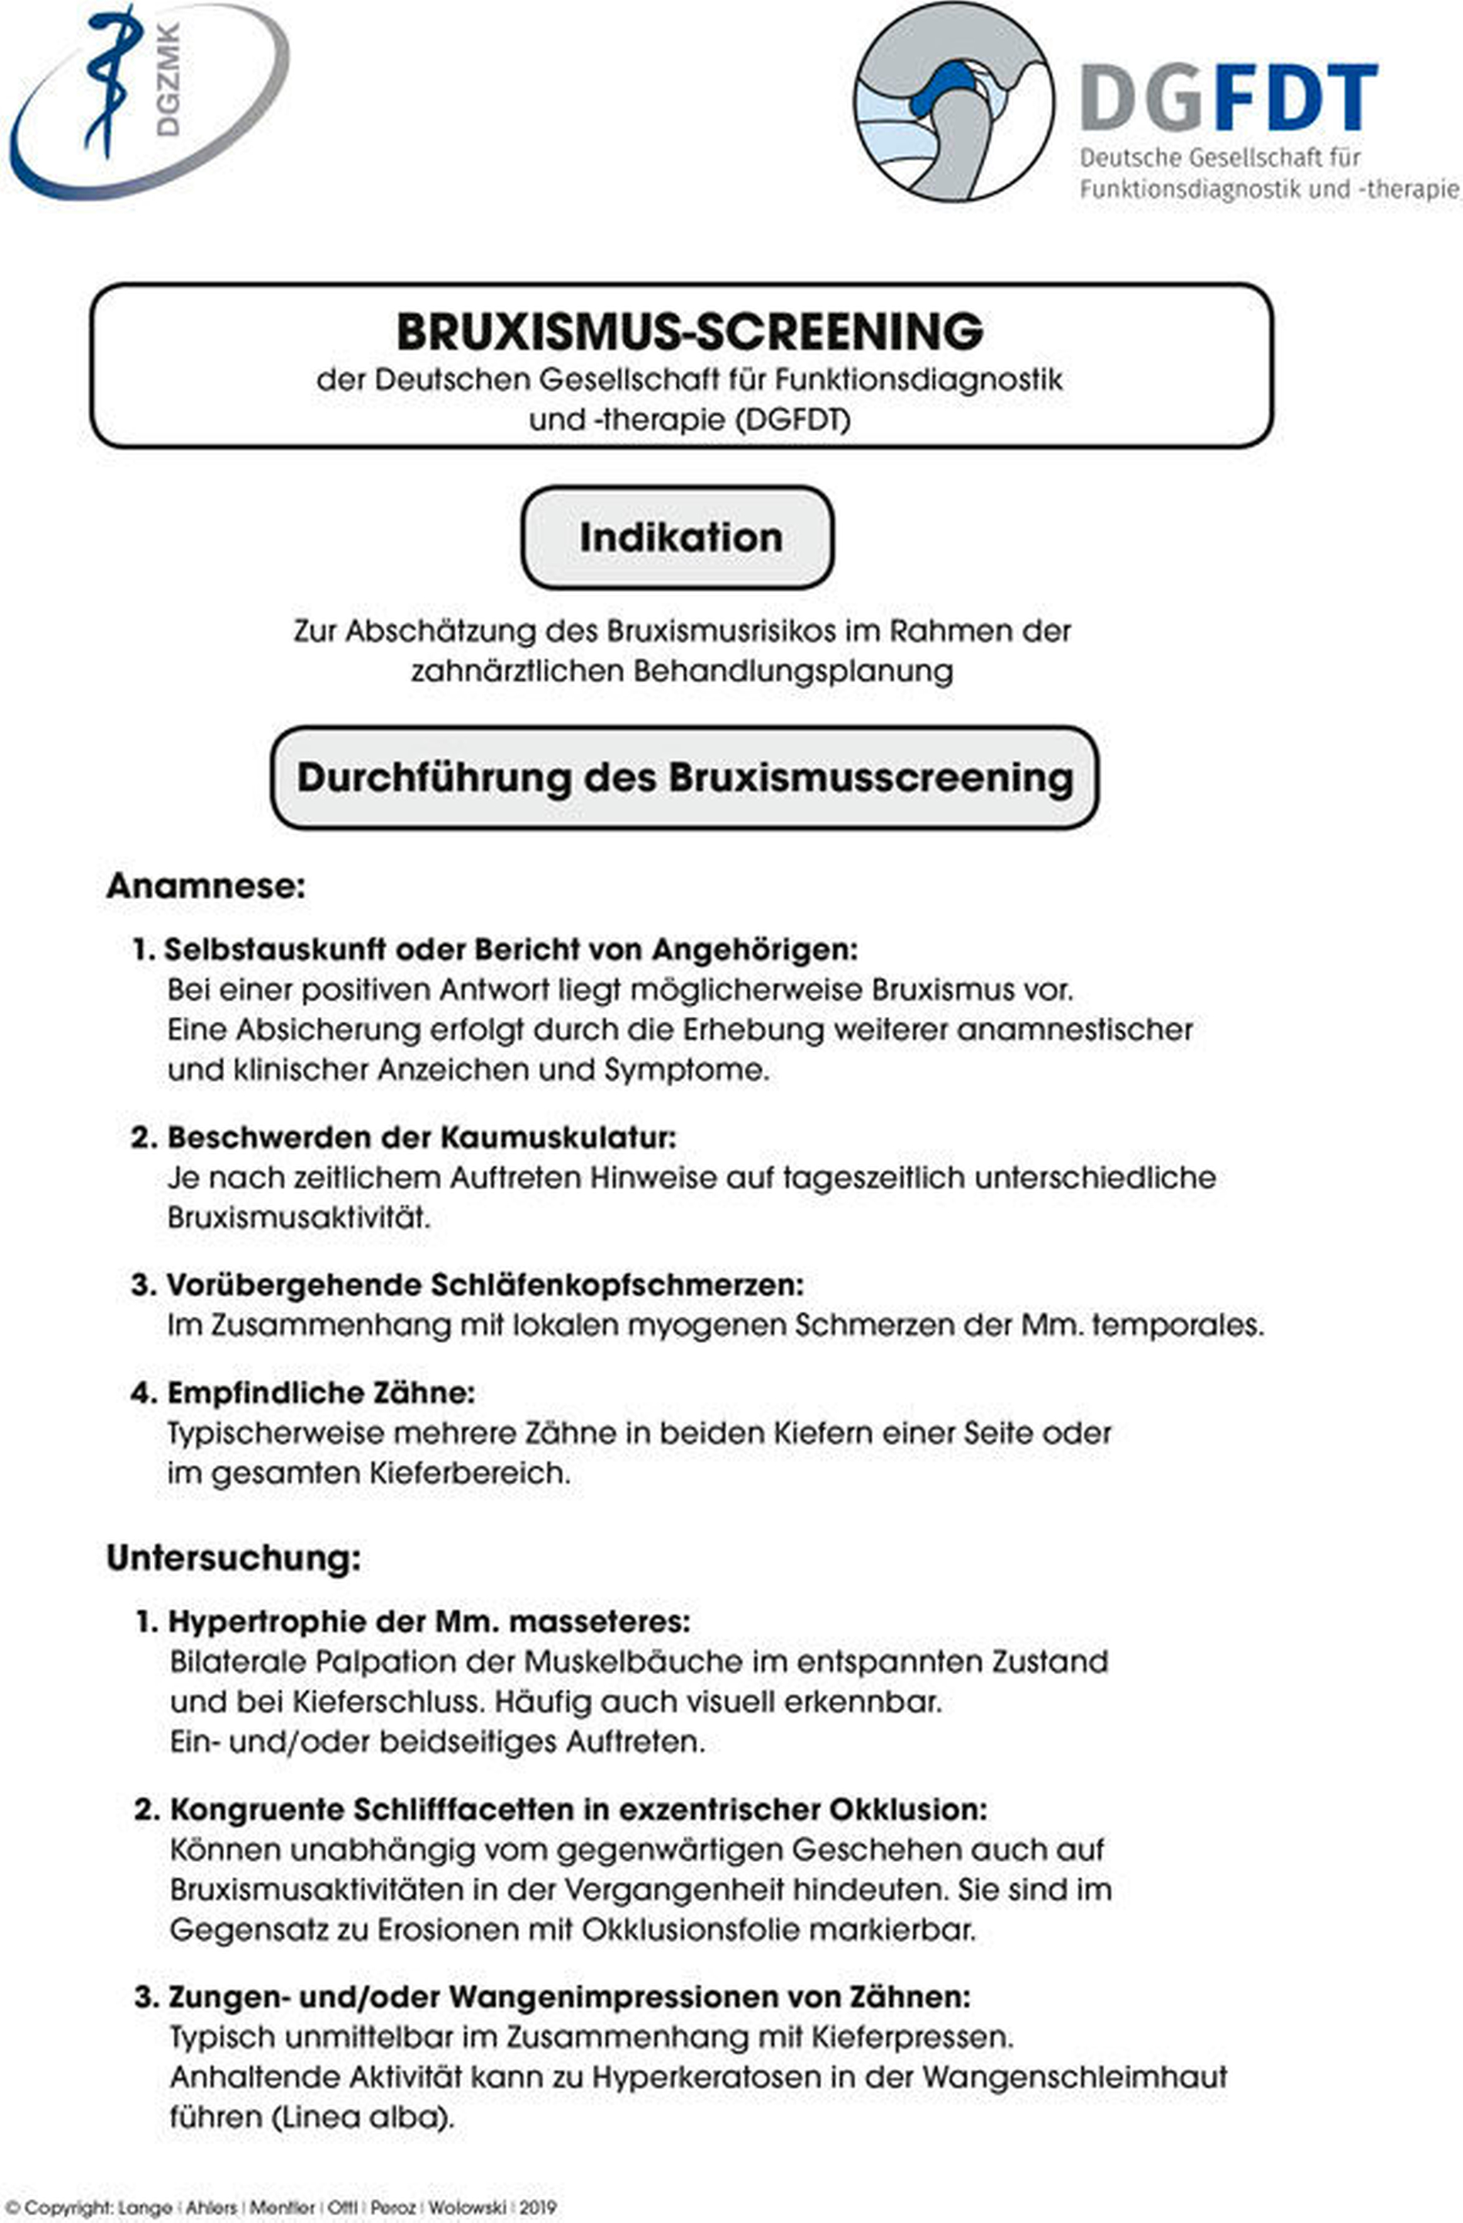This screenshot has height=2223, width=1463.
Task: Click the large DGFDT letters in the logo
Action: click(x=1228, y=97)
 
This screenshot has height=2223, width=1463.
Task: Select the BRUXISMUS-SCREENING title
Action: click(x=689, y=332)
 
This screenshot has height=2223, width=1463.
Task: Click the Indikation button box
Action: click(x=678, y=537)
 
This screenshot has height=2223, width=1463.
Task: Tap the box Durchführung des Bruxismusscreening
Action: click(x=685, y=778)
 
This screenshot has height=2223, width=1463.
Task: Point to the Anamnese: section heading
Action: click(x=206, y=885)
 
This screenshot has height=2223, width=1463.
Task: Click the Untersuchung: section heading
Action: click(x=233, y=1558)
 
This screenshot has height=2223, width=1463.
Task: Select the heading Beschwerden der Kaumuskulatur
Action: click(x=420, y=1138)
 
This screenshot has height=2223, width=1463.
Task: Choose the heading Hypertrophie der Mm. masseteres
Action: click(x=429, y=1622)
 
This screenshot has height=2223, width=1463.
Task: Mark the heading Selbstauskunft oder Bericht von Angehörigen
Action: click(x=510, y=949)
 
